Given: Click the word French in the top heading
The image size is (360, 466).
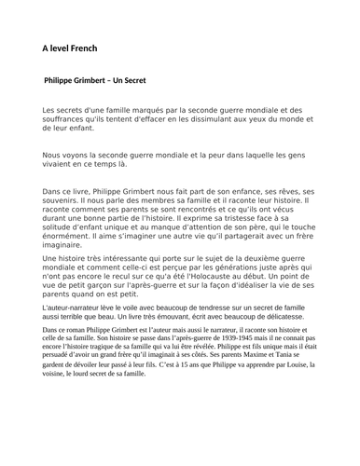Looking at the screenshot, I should [x=92, y=48].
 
